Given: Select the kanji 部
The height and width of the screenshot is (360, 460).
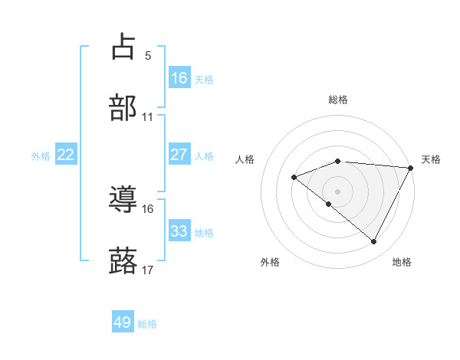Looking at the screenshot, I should [123, 108].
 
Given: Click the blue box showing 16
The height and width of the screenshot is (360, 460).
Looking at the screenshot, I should [179, 77].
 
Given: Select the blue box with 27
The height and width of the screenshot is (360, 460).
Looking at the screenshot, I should [179, 154].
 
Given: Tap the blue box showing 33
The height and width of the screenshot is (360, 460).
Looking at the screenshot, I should [179, 231].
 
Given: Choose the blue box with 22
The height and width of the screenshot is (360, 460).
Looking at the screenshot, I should [66, 154].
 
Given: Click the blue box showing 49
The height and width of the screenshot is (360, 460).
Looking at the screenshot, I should [123, 322].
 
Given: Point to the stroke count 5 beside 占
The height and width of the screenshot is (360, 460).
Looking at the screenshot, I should [147, 55].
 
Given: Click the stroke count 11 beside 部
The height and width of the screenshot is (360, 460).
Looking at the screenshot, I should [147, 117].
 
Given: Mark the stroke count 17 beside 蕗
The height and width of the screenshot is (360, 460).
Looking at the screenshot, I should [147, 270].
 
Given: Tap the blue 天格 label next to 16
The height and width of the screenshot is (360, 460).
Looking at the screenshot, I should [204, 79].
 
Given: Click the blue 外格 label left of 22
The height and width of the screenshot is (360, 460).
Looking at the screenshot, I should [41, 155].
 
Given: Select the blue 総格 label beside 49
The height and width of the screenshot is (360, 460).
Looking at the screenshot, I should [147, 324].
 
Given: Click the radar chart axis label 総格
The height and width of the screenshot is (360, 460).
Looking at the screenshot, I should [338, 100].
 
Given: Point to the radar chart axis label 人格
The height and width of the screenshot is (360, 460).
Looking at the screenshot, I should [245, 159].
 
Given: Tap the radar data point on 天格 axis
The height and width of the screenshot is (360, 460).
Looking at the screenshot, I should [410, 168].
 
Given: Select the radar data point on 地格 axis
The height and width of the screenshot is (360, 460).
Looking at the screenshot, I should [374, 242].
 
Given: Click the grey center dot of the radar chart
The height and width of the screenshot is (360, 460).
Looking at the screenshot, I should [338, 191].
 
